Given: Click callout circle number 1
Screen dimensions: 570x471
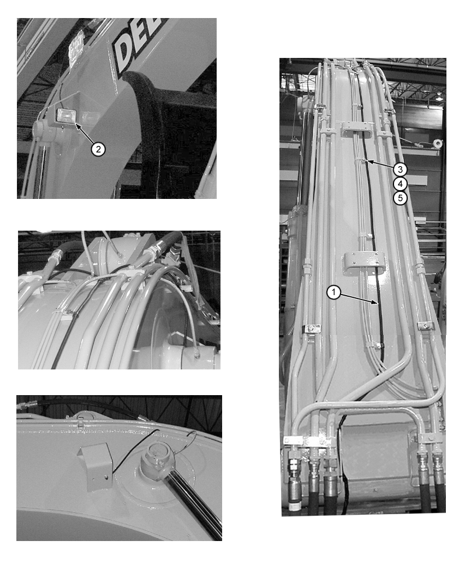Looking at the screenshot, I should [x=333, y=293].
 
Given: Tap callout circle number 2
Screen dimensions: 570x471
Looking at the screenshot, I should [x=98, y=148].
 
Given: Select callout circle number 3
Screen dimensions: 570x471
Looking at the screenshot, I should [x=400, y=169].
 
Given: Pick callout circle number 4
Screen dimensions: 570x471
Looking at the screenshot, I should [x=400, y=184].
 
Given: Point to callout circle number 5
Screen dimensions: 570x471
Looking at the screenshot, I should [x=400, y=198].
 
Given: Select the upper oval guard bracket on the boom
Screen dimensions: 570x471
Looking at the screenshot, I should [x=357, y=130].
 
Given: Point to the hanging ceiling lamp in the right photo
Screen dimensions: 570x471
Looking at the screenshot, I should [x=439, y=96].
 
